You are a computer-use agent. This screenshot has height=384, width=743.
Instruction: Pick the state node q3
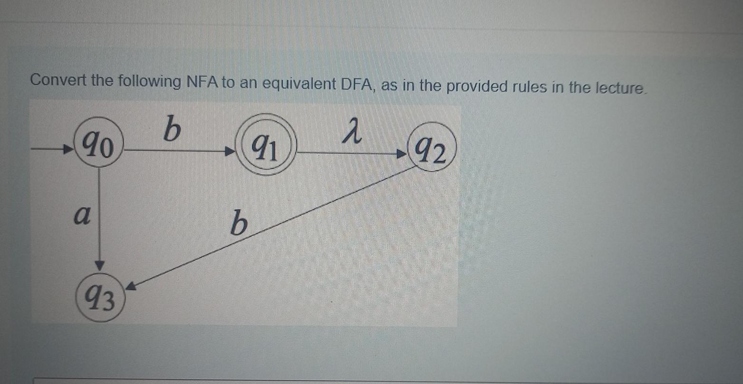tap(100, 299)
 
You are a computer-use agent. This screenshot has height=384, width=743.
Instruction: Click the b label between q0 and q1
tap(172, 129)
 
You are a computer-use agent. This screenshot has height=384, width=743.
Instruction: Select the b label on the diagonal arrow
tap(239, 224)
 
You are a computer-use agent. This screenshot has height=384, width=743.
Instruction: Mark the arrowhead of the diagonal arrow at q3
tap(131, 287)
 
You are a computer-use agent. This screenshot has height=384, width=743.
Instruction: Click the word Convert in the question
tap(58, 80)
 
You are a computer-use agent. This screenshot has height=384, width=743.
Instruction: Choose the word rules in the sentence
tap(529, 87)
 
